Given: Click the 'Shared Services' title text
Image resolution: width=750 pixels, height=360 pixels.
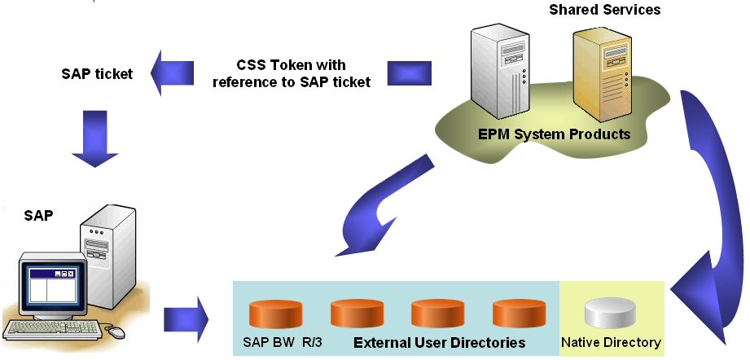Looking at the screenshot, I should pos(603,10).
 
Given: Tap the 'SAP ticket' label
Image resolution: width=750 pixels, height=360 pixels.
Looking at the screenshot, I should pos(96,74).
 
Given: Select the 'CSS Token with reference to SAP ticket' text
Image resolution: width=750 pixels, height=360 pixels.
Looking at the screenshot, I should pos(292,72).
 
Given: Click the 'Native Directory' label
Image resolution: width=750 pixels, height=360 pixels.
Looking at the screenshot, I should pos(611,342).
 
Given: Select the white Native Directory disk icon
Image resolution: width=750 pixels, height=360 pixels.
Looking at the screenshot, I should pos(610,313).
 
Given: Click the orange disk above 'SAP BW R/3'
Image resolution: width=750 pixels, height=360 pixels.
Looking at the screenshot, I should pos(275,314).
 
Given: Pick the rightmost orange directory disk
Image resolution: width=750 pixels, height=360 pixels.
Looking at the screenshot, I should pos(519,314).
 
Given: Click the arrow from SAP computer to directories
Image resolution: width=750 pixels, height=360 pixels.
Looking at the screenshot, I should pos(186,320).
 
